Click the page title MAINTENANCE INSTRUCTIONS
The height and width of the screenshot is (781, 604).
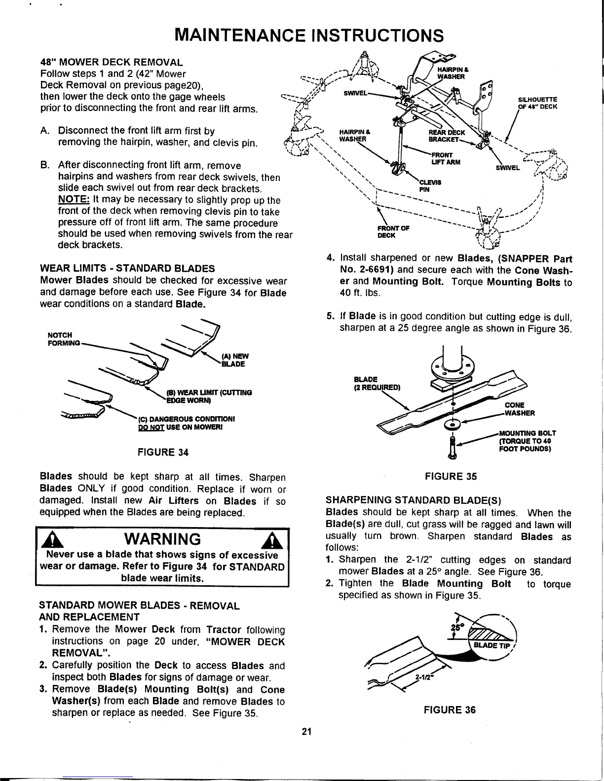click(310, 35)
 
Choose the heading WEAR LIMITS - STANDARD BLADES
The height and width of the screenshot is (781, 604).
click(127, 269)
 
